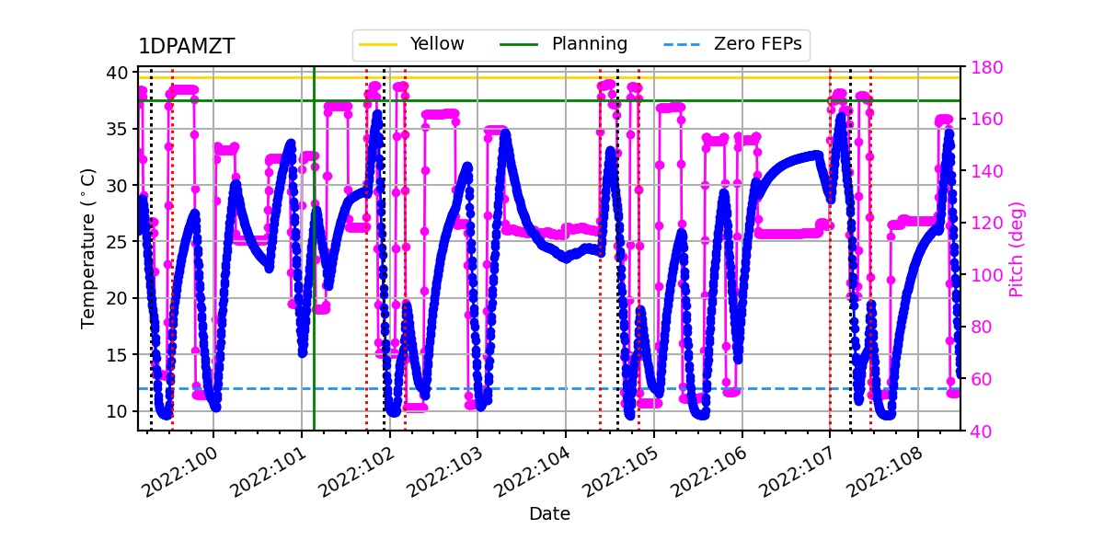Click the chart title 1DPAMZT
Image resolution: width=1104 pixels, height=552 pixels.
tap(187, 47)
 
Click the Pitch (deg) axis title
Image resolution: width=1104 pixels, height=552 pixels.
tap(1016, 248)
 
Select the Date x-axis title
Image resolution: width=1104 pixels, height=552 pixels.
tap(549, 514)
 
